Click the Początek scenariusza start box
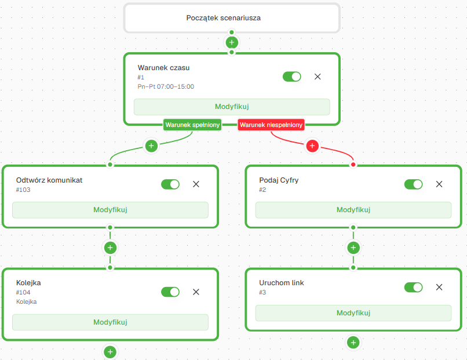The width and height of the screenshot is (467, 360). (x=232, y=18)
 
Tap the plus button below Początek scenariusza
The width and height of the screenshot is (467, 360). (x=232, y=42)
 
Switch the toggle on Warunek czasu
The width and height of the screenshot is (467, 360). (x=292, y=77)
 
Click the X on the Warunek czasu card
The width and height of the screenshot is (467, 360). (x=318, y=77)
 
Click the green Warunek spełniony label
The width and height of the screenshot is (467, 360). (x=192, y=125)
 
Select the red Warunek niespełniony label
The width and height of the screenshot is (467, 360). (x=271, y=125)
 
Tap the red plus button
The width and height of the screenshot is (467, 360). (x=312, y=146)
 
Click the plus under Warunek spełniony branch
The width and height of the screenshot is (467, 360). (x=151, y=146)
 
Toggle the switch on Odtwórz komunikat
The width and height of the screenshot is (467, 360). (x=170, y=184)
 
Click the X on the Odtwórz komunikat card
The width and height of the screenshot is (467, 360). (x=196, y=184)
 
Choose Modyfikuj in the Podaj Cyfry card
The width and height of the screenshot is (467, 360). (x=353, y=210)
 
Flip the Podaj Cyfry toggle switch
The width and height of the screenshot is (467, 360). (x=413, y=184)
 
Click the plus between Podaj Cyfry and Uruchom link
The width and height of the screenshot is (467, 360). (x=353, y=248)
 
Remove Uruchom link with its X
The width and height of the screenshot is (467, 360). (x=439, y=287)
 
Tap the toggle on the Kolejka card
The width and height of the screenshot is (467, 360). (x=170, y=292)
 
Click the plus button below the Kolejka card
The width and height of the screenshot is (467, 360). (x=110, y=352)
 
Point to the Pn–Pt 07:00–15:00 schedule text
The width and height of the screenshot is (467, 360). (x=166, y=86)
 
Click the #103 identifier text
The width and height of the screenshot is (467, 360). (x=23, y=190)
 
